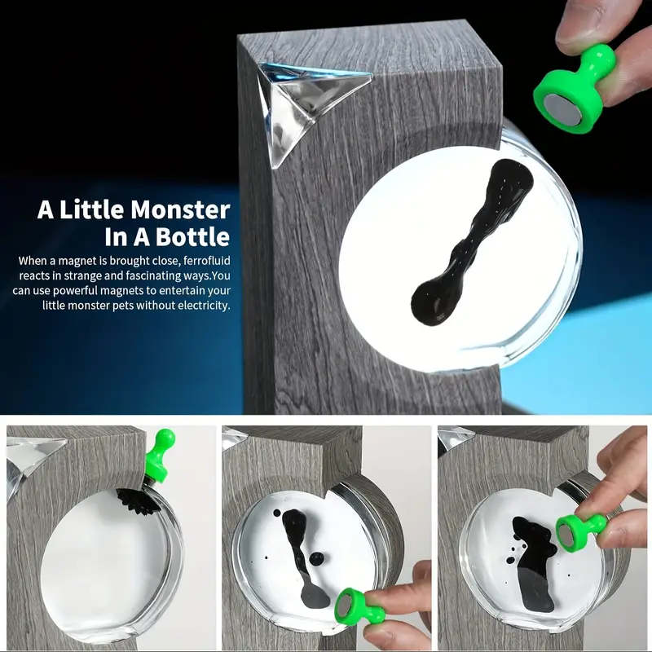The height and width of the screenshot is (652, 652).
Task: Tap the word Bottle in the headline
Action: click(x=192, y=236)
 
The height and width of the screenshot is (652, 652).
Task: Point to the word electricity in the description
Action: click(x=204, y=305)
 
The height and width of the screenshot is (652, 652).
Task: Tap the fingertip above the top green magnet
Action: click(x=581, y=24)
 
